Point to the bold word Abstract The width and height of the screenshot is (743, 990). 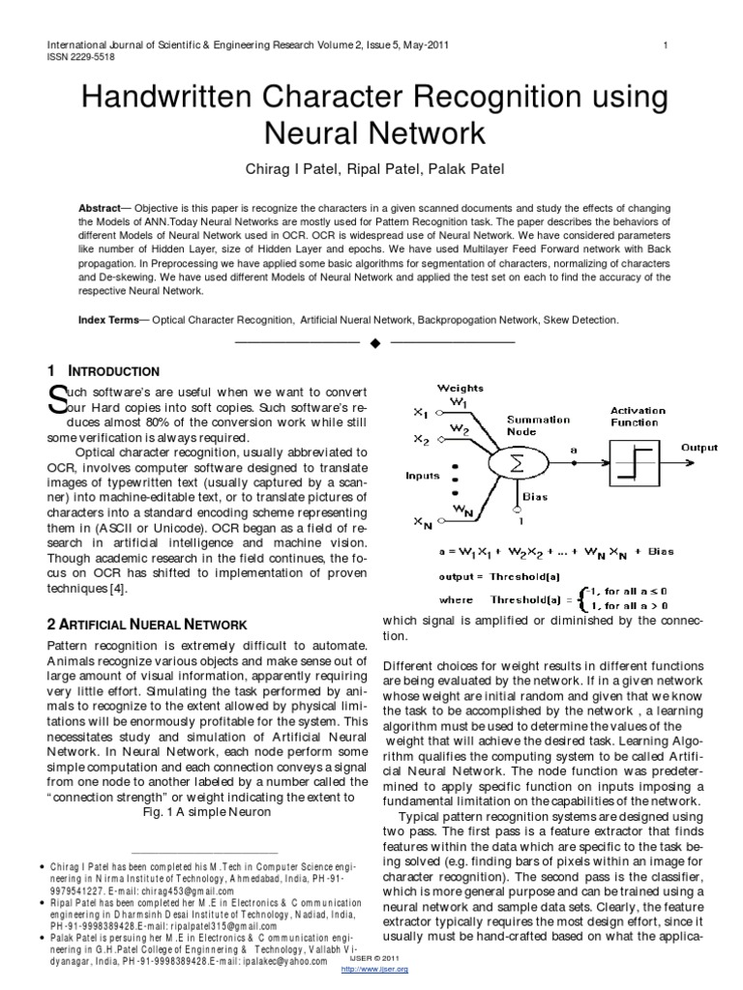point(104,209)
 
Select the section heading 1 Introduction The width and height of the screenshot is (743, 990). point(104,370)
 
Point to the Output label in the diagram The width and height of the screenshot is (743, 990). point(699,448)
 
